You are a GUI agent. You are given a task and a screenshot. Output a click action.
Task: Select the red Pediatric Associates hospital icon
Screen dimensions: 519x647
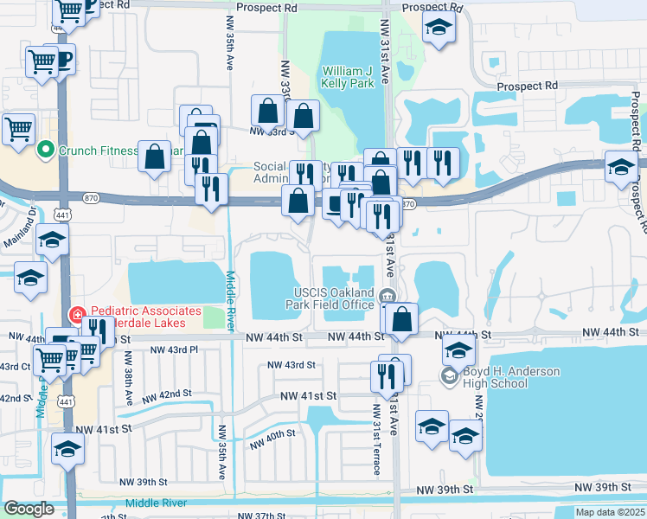pos(77,314)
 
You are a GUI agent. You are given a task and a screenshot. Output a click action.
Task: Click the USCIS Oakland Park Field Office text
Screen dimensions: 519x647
pos(332,298)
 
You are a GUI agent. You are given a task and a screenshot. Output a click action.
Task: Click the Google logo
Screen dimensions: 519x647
pos(29,509)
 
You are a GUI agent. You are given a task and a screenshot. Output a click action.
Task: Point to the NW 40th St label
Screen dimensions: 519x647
pos(272,440)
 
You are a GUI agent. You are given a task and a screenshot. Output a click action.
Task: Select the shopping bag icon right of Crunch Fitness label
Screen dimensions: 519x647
pos(155,157)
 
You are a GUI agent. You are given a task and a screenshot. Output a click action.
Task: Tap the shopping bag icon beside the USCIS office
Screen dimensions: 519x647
pos(403,318)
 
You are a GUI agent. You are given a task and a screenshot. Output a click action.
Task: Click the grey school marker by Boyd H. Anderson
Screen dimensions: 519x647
pos(449,375)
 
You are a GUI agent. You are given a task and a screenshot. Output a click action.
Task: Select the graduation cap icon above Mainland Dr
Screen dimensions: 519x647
pos(52,240)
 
